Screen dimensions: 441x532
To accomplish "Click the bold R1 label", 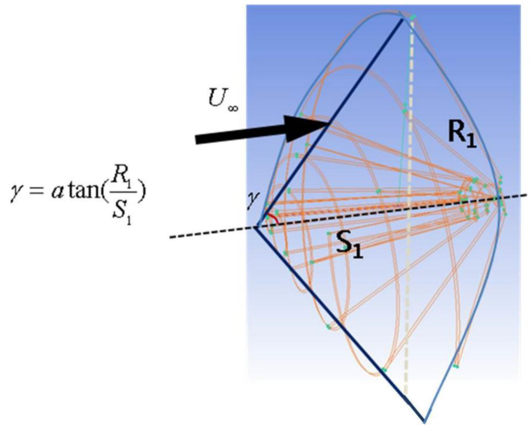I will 462,134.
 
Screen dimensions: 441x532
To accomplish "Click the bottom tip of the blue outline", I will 424,421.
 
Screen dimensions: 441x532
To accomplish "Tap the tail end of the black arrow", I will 198,139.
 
